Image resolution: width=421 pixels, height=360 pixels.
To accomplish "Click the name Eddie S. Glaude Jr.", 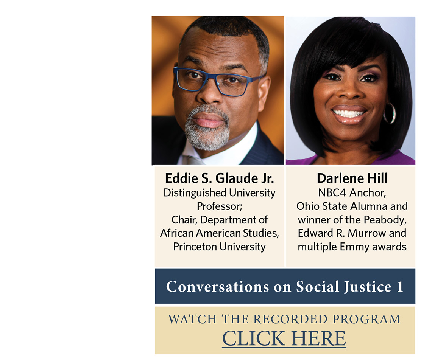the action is point(219,178).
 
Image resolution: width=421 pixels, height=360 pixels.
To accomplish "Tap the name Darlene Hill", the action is point(352,178).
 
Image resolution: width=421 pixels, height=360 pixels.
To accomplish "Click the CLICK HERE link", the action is point(284,338).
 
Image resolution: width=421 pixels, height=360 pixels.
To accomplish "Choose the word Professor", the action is point(219,206).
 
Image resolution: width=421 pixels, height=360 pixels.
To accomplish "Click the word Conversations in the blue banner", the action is point(217,287).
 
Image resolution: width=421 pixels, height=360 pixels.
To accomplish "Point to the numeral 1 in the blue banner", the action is point(400,287).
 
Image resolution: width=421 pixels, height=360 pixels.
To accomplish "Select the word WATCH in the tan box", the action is point(192,319).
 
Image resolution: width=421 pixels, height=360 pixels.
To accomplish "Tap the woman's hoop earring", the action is point(390,113).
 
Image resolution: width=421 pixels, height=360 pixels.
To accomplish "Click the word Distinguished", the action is point(195,193).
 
